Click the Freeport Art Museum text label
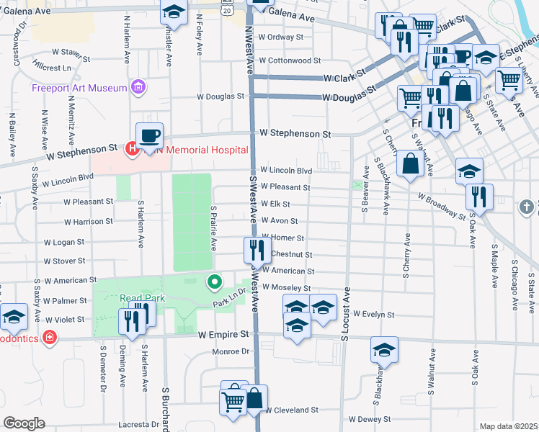pyautogui.click(x=79, y=89)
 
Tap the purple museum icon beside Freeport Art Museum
pyautogui.click(x=138, y=89)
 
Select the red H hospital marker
pyautogui.click(x=132, y=150)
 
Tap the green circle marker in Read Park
pyautogui.click(x=213, y=282)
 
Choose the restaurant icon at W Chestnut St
pyautogui.click(x=257, y=250)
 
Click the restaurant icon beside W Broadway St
pyautogui.click(x=478, y=196)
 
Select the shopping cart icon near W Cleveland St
pyautogui.click(x=233, y=400)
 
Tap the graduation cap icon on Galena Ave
pyautogui.click(x=172, y=12)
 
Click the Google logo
pyautogui.click(x=24, y=423)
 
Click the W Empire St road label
pyautogui.click(x=223, y=334)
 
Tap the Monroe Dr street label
pyautogui.click(x=231, y=352)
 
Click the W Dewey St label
pyautogui.click(x=370, y=418)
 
